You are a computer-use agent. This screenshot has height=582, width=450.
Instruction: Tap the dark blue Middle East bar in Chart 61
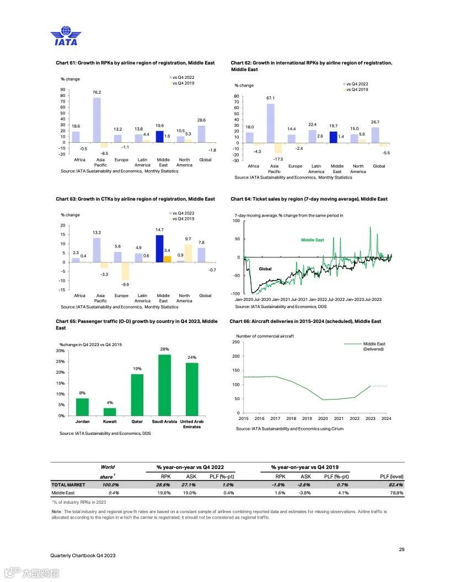[x=159, y=137]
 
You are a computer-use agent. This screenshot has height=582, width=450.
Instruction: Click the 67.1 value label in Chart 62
[x=270, y=98]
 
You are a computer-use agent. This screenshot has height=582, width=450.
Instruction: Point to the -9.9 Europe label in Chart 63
[x=125, y=285]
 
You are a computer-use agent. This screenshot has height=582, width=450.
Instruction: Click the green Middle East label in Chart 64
[x=312, y=240]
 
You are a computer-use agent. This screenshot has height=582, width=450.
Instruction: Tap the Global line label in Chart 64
[x=265, y=269]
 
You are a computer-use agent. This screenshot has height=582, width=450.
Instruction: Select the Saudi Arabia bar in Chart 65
[x=165, y=385]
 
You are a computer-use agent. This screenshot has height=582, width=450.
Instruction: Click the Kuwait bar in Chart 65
[x=110, y=412]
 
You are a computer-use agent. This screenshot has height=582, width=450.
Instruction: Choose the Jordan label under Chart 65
[x=82, y=422]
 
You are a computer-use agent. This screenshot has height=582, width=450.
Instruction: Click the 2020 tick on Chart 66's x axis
[x=323, y=419]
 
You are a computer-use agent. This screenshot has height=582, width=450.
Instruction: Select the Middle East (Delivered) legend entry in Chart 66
[x=373, y=346]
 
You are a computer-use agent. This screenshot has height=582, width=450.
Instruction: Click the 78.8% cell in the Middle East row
[x=395, y=493]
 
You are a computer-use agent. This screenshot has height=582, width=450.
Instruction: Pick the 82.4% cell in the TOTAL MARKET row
[x=395, y=484]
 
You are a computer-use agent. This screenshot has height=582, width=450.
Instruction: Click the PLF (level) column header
[x=392, y=476]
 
